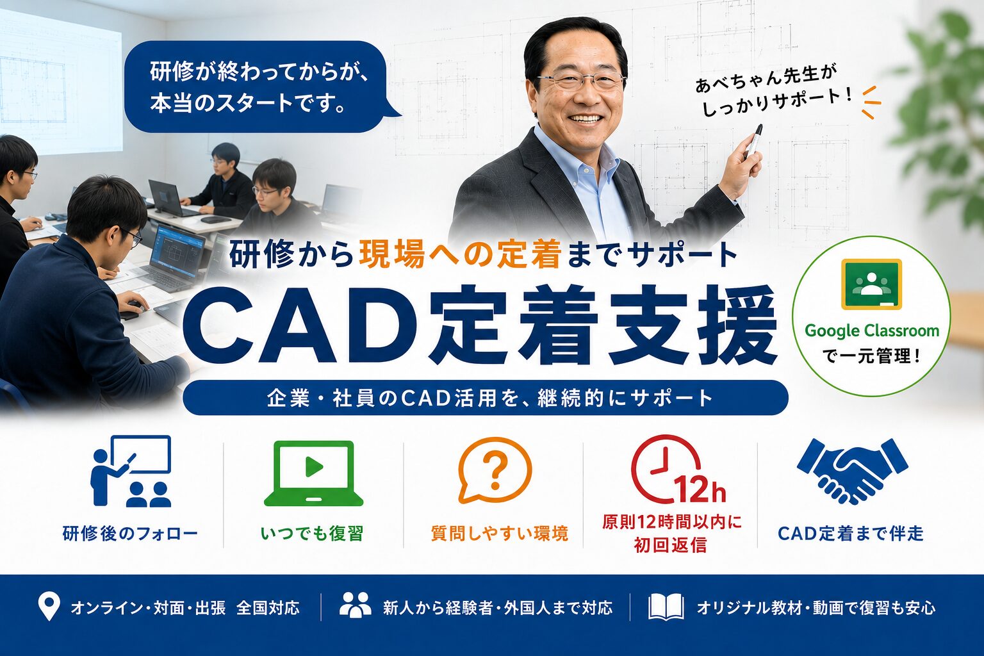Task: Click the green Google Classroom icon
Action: pyautogui.click(x=871, y=284)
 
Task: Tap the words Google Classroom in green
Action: pyautogui.click(x=871, y=331)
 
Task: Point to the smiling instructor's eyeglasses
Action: pyautogui.click(x=581, y=81)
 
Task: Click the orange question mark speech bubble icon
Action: pyautogui.click(x=495, y=470)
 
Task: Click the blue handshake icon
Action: pyautogui.click(x=852, y=471)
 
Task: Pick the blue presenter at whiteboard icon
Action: pyautogui.click(x=131, y=471)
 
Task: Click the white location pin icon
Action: pyautogui.click(x=49, y=607)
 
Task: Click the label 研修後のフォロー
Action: pyautogui.click(x=130, y=534)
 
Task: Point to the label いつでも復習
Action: pyautogui.click(x=312, y=534)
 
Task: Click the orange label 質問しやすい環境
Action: pyautogui.click(x=500, y=534)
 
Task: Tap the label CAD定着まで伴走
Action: pyautogui.click(x=851, y=534)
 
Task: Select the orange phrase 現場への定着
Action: pyautogui.click(x=459, y=255)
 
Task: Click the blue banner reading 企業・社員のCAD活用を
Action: pyautogui.click(x=486, y=398)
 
